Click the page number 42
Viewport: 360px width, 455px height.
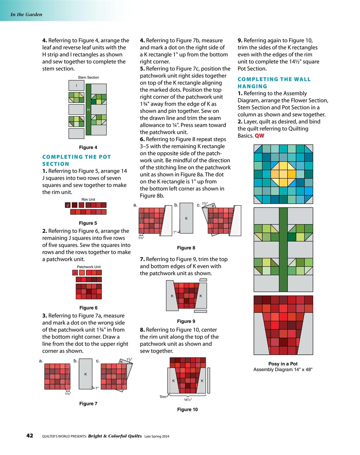[x=30, y=435]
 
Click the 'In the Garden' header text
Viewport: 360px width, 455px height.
[x=26, y=15]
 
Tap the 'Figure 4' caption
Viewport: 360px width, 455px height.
[x=88, y=147]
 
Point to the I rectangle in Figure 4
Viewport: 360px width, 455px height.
[x=76, y=86]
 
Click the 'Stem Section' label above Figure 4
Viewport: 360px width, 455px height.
[x=88, y=77]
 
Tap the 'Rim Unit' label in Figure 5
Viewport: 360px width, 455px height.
[x=88, y=199]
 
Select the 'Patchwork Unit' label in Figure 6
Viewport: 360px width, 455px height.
[x=88, y=267]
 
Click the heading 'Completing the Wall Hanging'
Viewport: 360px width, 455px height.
[x=274, y=82]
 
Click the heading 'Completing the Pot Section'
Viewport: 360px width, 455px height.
[x=76, y=160]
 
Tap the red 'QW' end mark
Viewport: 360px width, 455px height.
[x=259, y=136]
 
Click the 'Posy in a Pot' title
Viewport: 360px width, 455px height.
[x=283, y=364]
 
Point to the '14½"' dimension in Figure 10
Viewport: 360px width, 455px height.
[x=188, y=399]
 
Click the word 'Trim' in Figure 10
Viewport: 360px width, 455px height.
[x=163, y=397]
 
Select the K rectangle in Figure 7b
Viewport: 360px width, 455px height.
[x=86, y=374]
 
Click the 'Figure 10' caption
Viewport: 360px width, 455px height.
[x=187, y=409]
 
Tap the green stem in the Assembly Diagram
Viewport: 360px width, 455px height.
[x=283, y=249]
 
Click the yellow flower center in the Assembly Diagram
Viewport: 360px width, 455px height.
[x=283, y=174]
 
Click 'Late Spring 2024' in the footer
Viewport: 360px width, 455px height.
[x=157, y=436]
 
